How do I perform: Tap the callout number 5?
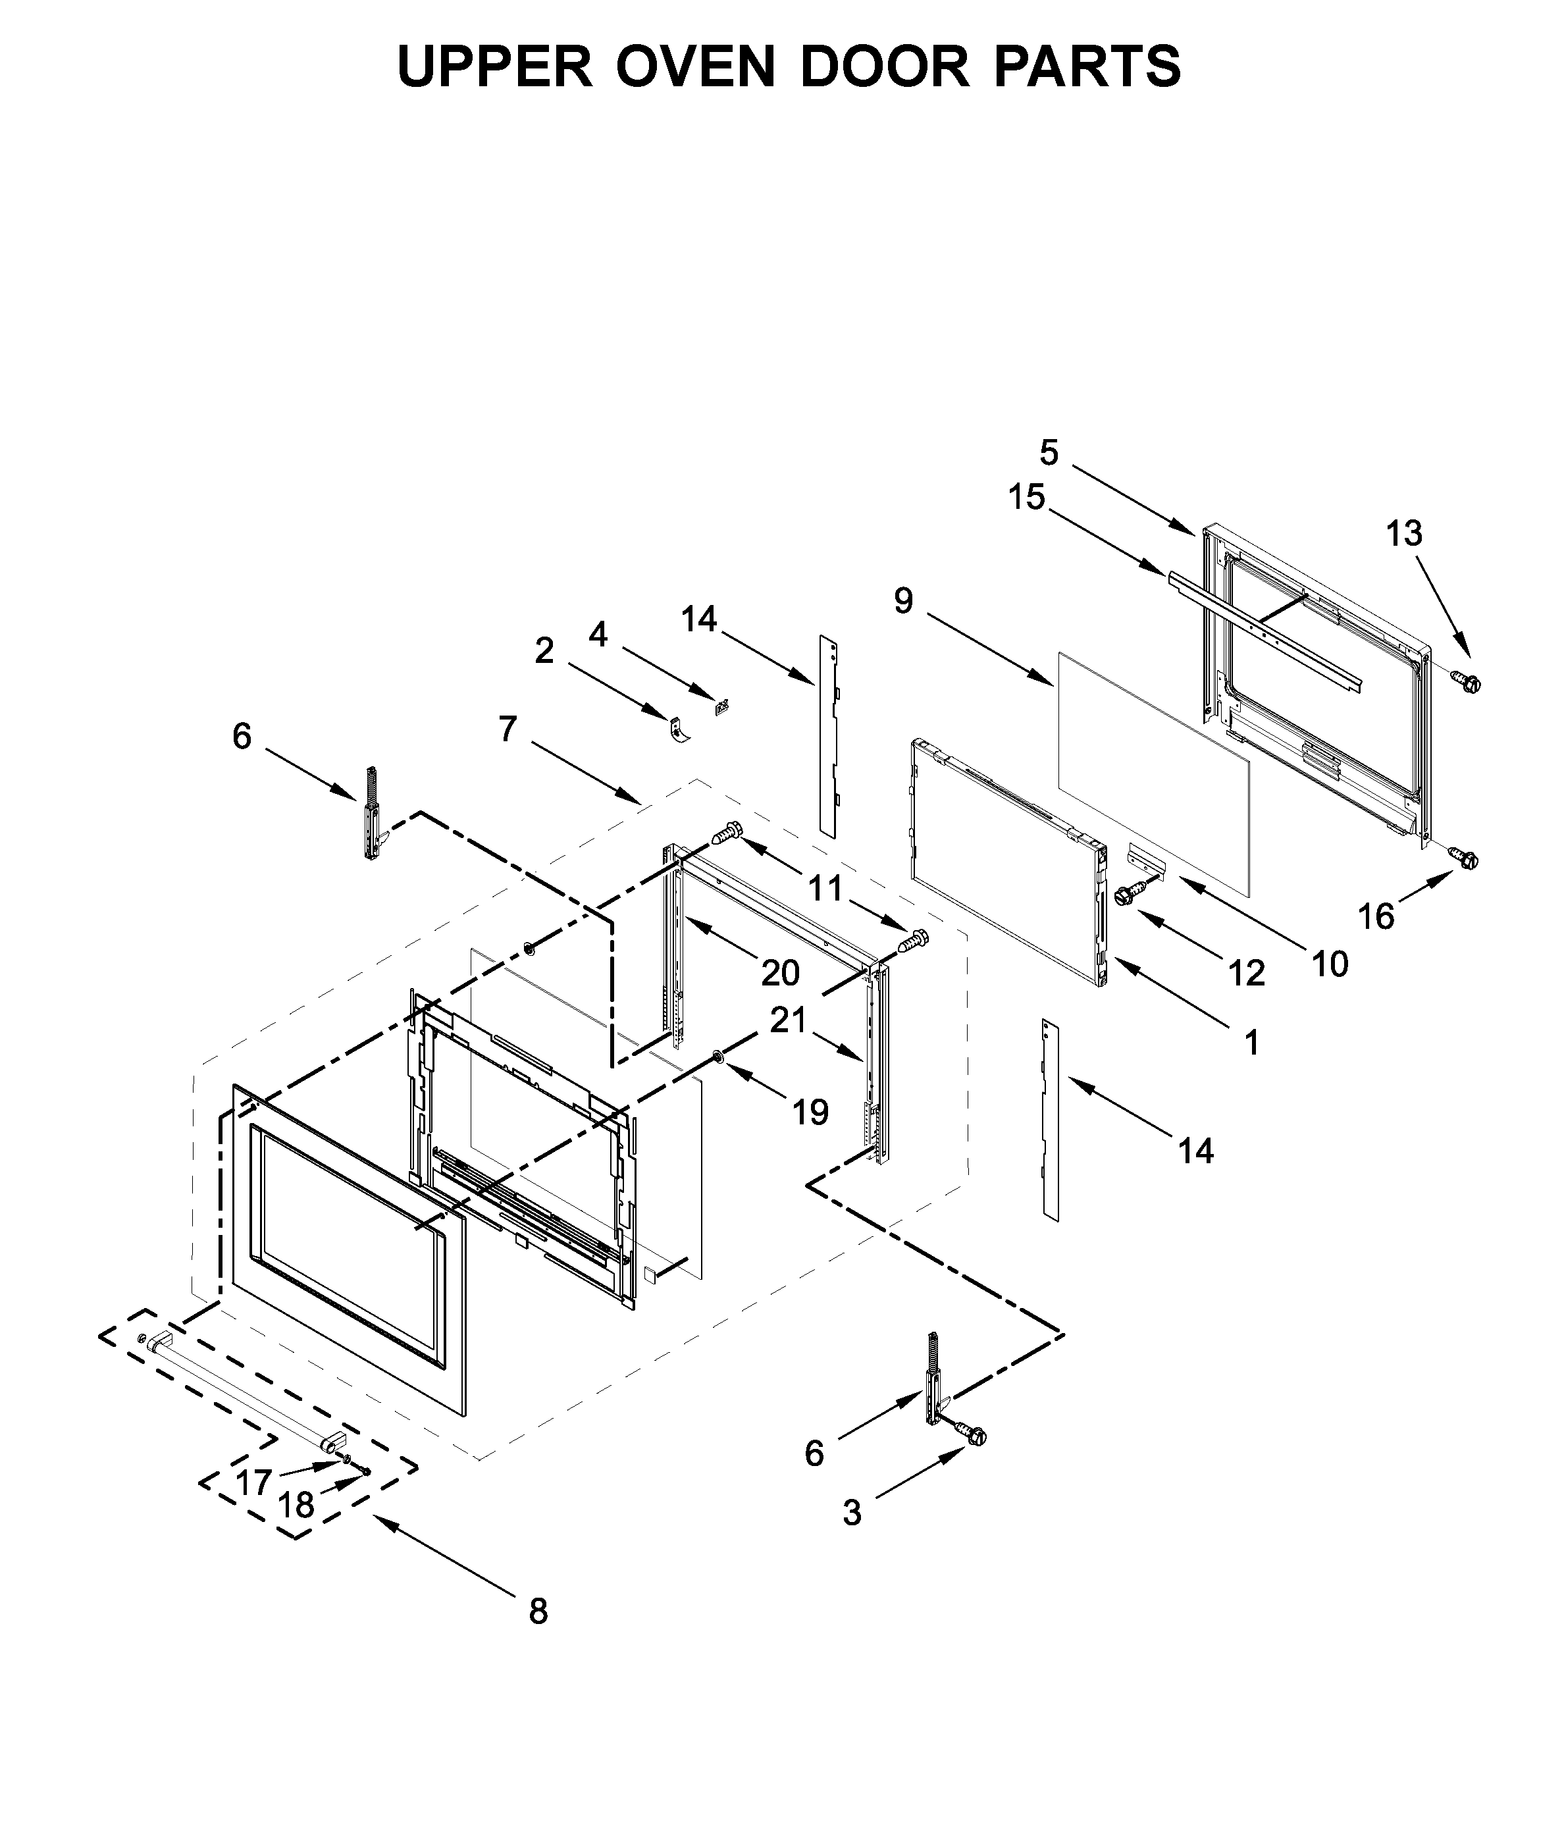(1049, 454)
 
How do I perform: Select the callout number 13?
(1403, 533)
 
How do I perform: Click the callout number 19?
(810, 1111)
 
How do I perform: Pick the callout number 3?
(852, 1513)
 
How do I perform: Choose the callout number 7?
(507, 729)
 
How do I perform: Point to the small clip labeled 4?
(721, 707)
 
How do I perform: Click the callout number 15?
(1026, 497)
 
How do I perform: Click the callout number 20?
(780, 973)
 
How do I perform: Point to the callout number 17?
(253, 1482)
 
